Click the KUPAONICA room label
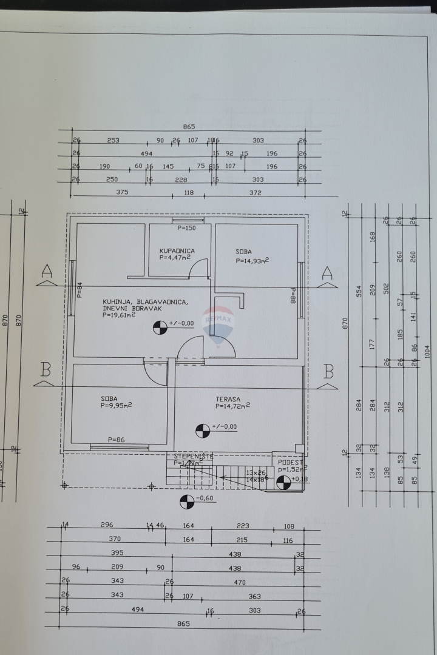[177, 250]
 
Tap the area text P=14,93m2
[252, 261]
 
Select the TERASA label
[228, 399]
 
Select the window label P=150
[187, 228]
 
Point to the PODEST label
[290, 462]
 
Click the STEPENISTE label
[193, 455]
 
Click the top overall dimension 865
[189, 127]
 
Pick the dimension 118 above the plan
[188, 193]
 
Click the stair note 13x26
[256, 472]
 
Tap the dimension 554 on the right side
[359, 291]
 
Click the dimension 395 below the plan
[117, 554]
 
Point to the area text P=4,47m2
[175, 258]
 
